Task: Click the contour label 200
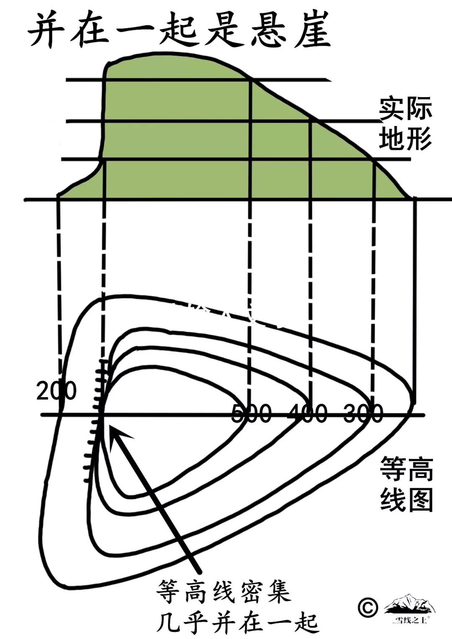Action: click(x=56, y=391)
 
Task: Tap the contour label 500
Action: click(x=252, y=413)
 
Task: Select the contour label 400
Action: click(x=308, y=413)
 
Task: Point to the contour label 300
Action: click(x=363, y=413)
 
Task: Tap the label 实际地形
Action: click(x=405, y=123)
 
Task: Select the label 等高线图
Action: click(x=406, y=483)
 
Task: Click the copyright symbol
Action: click(x=367, y=607)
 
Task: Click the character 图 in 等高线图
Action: click(x=420, y=499)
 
